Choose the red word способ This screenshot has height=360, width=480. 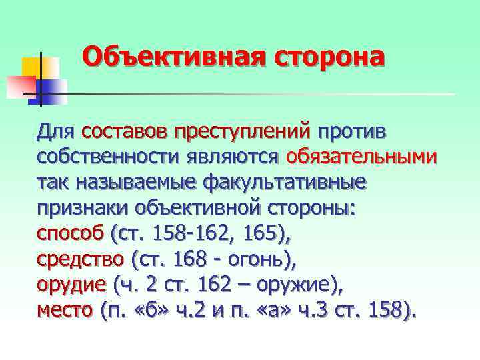pos(71,233)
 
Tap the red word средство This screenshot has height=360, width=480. pos(80,258)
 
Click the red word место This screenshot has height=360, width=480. pos(64,310)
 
